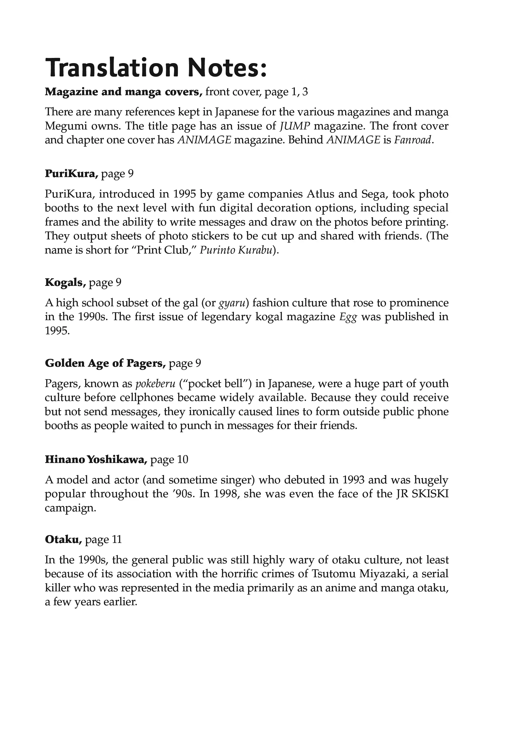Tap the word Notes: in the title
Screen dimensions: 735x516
[x=227, y=68]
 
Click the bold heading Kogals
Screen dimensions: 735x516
[x=65, y=283]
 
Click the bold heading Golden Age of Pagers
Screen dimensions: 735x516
[x=105, y=363]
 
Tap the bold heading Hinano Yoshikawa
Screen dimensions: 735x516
[x=96, y=460]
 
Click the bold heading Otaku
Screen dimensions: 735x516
[x=63, y=540]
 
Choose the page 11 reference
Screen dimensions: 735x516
[x=103, y=540]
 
